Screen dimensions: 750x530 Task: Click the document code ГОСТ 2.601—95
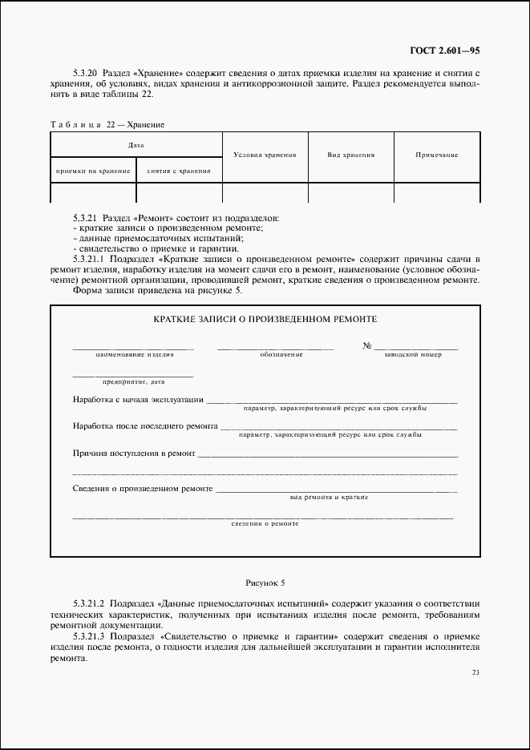(444, 50)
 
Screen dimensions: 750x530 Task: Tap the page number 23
(475, 672)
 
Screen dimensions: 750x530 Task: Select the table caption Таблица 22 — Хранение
(107, 124)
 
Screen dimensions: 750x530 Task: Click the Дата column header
(136, 146)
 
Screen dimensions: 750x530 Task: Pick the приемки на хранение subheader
(93, 171)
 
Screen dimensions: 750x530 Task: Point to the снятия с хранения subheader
(179, 171)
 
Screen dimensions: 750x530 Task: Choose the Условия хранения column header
(265, 155)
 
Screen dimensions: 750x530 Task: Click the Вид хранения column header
(351, 155)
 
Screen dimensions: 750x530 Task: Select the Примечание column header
(437, 155)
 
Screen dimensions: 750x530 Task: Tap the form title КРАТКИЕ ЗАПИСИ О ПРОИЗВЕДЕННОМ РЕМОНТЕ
(265, 319)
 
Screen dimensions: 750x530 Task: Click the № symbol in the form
(367, 346)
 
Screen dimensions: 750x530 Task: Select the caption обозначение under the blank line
(281, 354)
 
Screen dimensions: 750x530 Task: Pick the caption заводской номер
(413, 354)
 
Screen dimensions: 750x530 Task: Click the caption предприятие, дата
(132, 381)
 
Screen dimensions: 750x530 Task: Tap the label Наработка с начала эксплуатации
(137, 400)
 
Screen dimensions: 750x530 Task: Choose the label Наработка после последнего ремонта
(144, 426)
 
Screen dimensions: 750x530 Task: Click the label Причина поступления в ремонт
(133, 453)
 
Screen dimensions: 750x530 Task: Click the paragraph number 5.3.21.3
(90, 635)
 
